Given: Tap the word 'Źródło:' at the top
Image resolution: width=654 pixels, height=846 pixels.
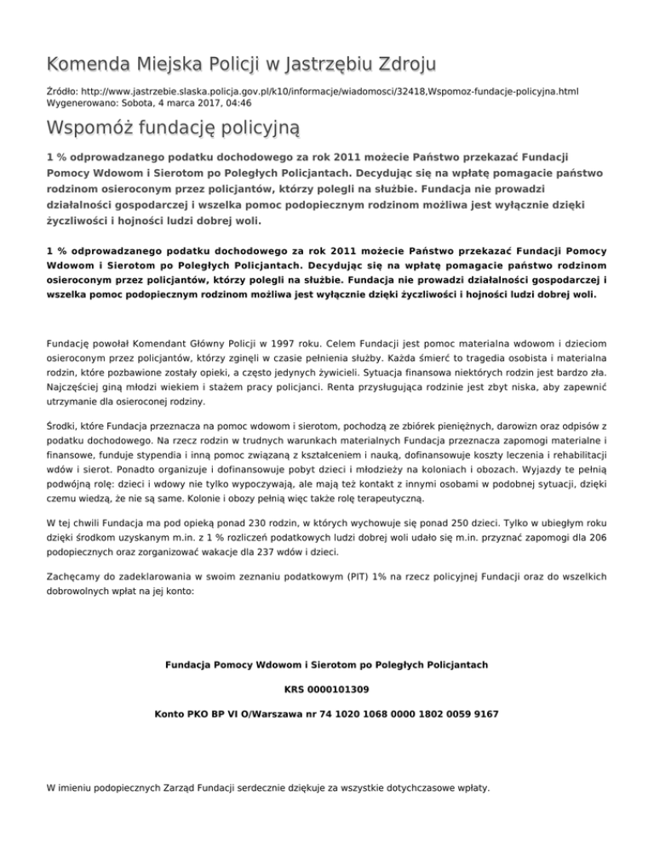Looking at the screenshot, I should [x=66, y=89].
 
